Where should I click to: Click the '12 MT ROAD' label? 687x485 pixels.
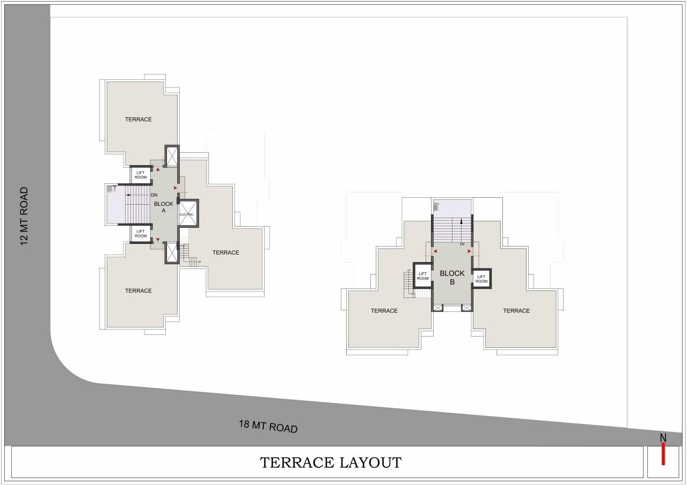(24, 216)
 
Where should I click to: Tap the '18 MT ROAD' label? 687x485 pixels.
(268, 427)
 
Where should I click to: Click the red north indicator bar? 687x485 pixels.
(663, 453)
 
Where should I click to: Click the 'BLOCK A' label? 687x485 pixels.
(164, 207)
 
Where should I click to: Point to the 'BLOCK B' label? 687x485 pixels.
(452, 277)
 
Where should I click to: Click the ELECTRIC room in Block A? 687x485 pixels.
(187, 214)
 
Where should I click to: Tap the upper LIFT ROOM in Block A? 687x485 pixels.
(141, 175)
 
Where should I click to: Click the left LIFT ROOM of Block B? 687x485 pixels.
(422, 276)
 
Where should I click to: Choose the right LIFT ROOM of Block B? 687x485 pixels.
(481, 279)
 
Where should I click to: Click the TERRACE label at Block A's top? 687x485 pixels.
(138, 120)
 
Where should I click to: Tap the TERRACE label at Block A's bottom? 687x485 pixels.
(138, 290)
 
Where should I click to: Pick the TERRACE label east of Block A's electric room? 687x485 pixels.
(225, 252)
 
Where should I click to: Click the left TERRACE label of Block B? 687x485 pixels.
(384, 311)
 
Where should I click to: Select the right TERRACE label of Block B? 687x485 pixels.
(516, 311)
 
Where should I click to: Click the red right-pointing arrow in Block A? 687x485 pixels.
(176, 188)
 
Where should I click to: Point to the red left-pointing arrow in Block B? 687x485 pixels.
(435, 251)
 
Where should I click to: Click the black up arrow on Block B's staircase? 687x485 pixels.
(461, 221)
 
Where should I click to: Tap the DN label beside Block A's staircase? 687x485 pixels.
(154, 195)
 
